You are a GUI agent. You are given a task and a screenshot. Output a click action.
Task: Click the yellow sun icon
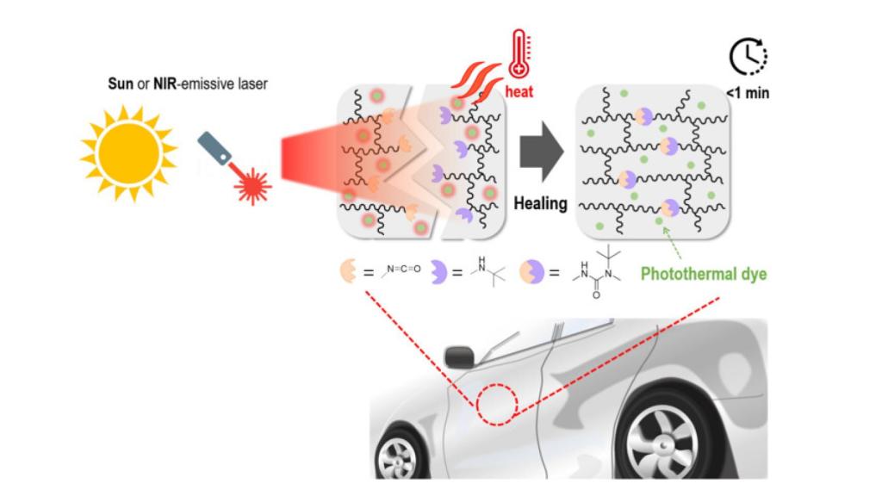click(x=128, y=152)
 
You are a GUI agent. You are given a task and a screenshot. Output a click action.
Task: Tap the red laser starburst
click(x=252, y=183)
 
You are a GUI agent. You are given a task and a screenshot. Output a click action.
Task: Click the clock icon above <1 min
click(x=748, y=58)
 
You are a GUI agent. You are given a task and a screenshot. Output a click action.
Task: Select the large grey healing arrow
click(x=541, y=153)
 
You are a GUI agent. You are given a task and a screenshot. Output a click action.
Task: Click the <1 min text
click(x=747, y=93)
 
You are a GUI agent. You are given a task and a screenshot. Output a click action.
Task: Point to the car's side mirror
click(x=459, y=354)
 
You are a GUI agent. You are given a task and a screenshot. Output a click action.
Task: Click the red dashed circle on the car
click(x=498, y=403)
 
